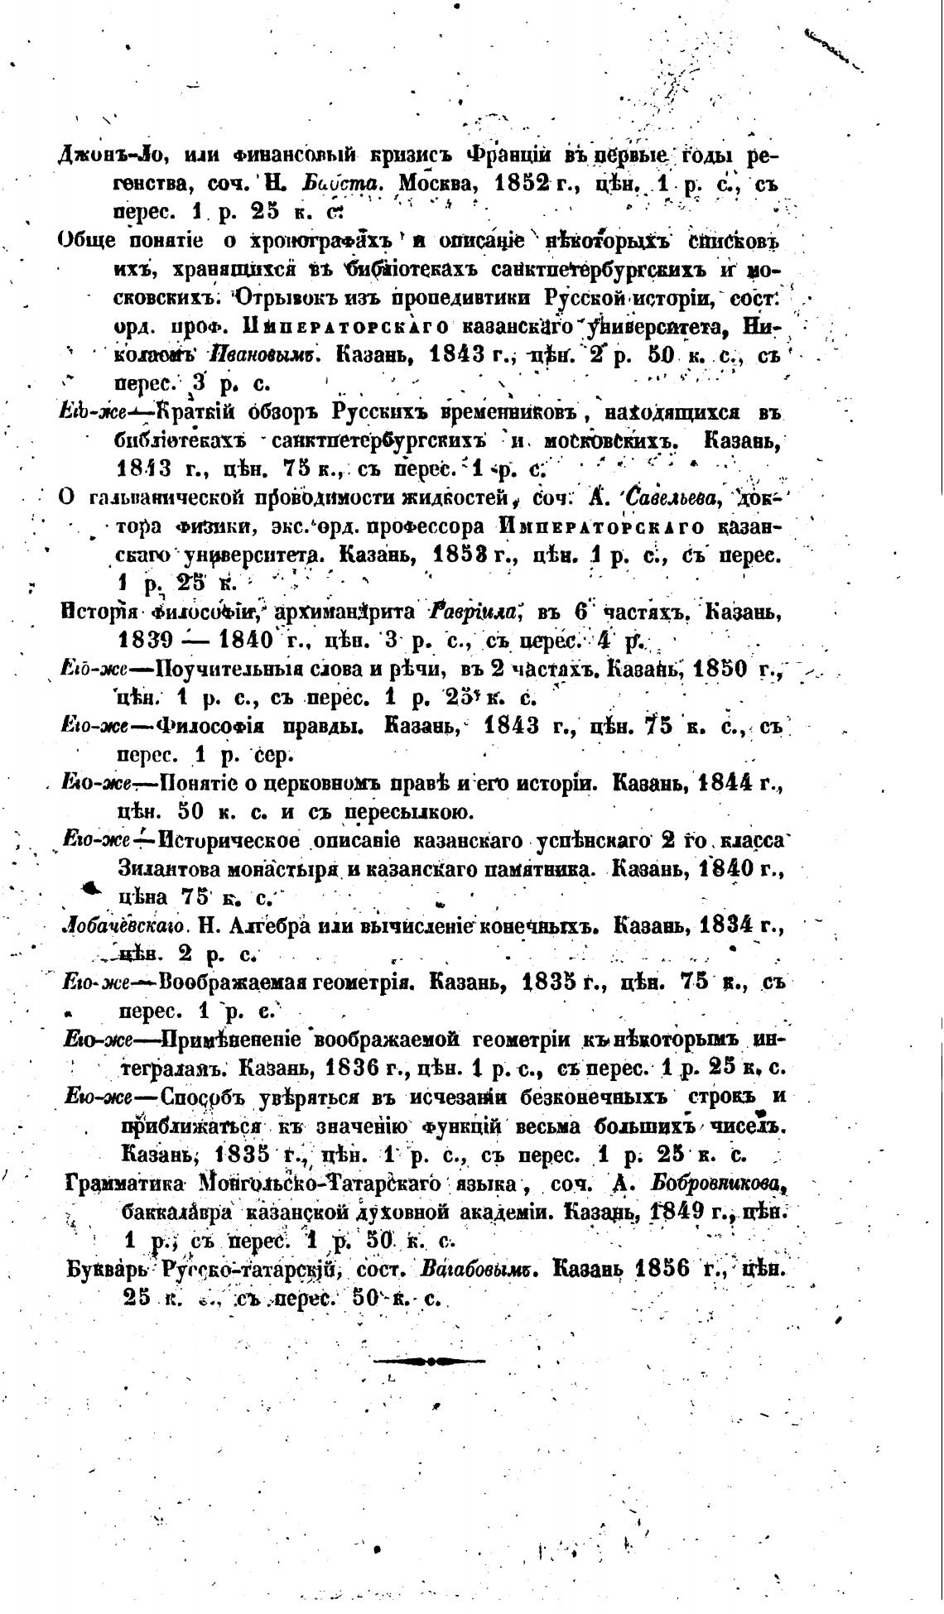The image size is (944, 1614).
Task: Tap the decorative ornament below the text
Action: click(x=431, y=1360)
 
